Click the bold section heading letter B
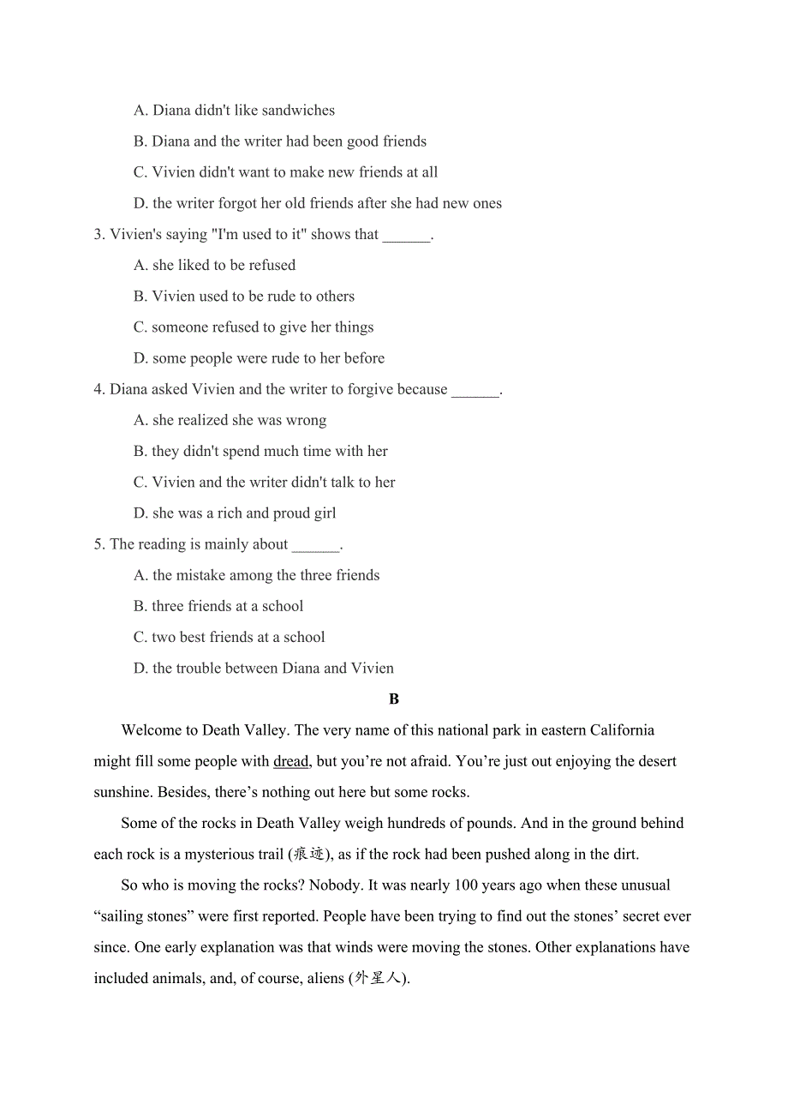click(x=394, y=699)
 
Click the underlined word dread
click(x=290, y=761)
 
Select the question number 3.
click(x=98, y=235)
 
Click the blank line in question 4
click(x=475, y=391)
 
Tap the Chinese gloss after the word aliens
click(x=377, y=978)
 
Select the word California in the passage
click(x=616, y=730)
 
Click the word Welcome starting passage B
click(x=150, y=730)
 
